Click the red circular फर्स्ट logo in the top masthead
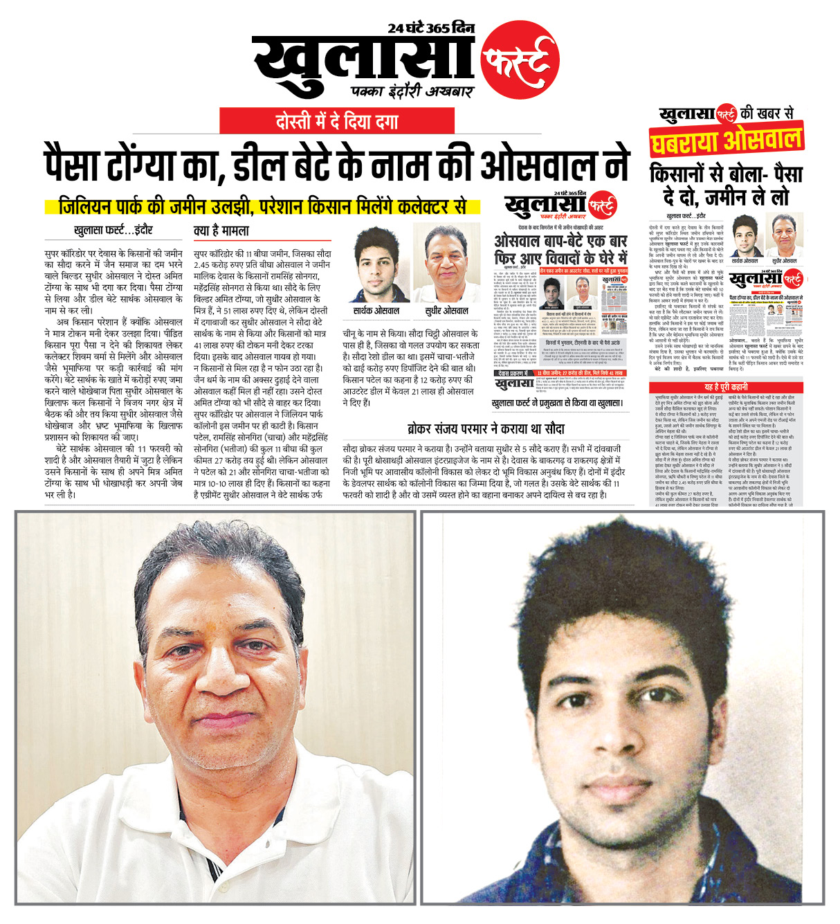click(x=519, y=60)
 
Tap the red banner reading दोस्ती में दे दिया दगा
click(x=337, y=121)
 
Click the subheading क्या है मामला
click(x=221, y=230)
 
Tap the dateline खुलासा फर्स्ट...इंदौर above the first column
click(x=113, y=230)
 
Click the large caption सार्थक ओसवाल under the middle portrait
click(x=378, y=310)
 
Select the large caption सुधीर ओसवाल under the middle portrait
click(x=446, y=310)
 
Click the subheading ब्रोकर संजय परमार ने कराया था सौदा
click(x=486, y=429)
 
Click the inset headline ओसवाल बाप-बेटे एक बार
click(x=560, y=241)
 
